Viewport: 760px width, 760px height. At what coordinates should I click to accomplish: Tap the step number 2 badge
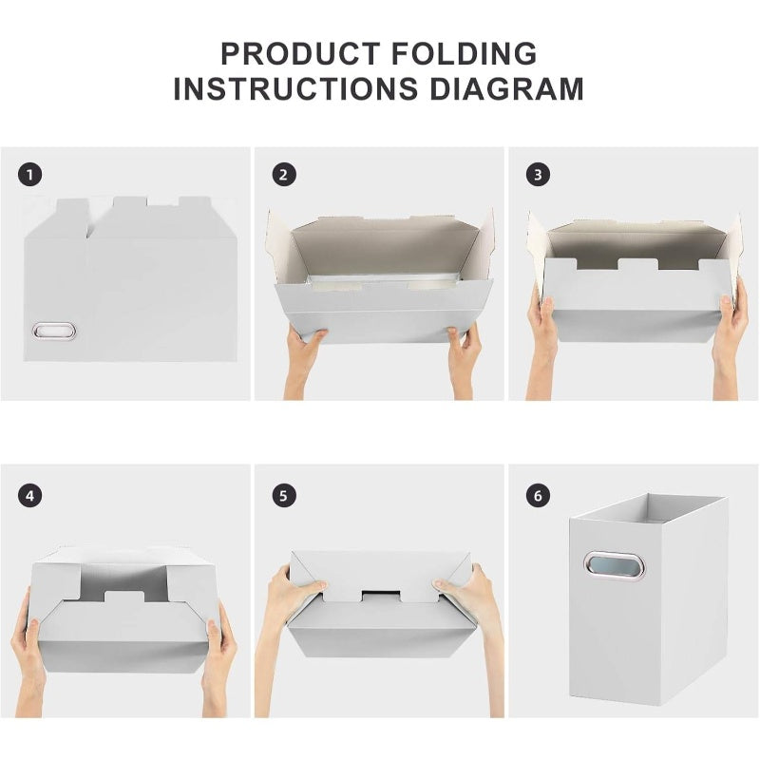tap(283, 175)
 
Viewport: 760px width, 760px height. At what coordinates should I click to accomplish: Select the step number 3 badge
tap(539, 175)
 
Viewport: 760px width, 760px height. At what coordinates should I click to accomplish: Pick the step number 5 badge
tap(283, 495)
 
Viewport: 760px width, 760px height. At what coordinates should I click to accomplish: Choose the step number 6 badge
tap(539, 495)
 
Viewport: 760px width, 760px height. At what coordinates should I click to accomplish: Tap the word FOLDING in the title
tap(469, 53)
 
